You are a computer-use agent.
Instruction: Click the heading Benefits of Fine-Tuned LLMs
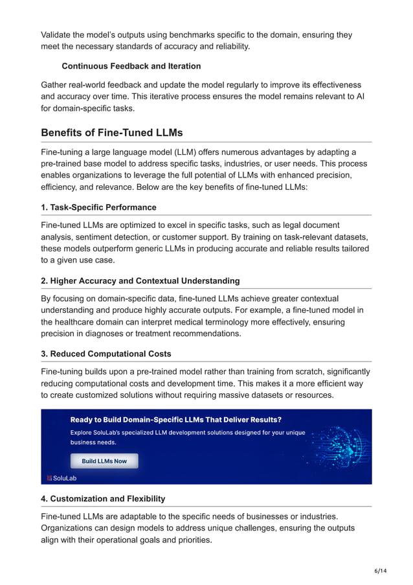coord(111,133)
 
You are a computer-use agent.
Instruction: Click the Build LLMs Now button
coord(104,461)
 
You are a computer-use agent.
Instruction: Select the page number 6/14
coord(380,570)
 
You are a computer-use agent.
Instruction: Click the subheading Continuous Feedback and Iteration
coord(131,66)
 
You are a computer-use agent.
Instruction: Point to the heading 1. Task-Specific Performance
coord(98,207)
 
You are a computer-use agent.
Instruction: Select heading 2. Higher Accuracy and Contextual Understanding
coord(140,281)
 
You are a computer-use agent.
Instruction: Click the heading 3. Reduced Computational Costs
coord(106,354)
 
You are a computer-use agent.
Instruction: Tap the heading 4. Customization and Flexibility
coord(103,498)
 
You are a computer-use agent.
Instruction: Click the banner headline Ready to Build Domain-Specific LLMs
coord(175,419)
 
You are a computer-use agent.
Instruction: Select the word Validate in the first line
coord(60,35)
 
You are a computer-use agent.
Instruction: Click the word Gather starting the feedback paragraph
coord(57,85)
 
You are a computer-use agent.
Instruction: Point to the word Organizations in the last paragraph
coord(69,528)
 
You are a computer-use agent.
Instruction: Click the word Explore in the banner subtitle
coord(82,432)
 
